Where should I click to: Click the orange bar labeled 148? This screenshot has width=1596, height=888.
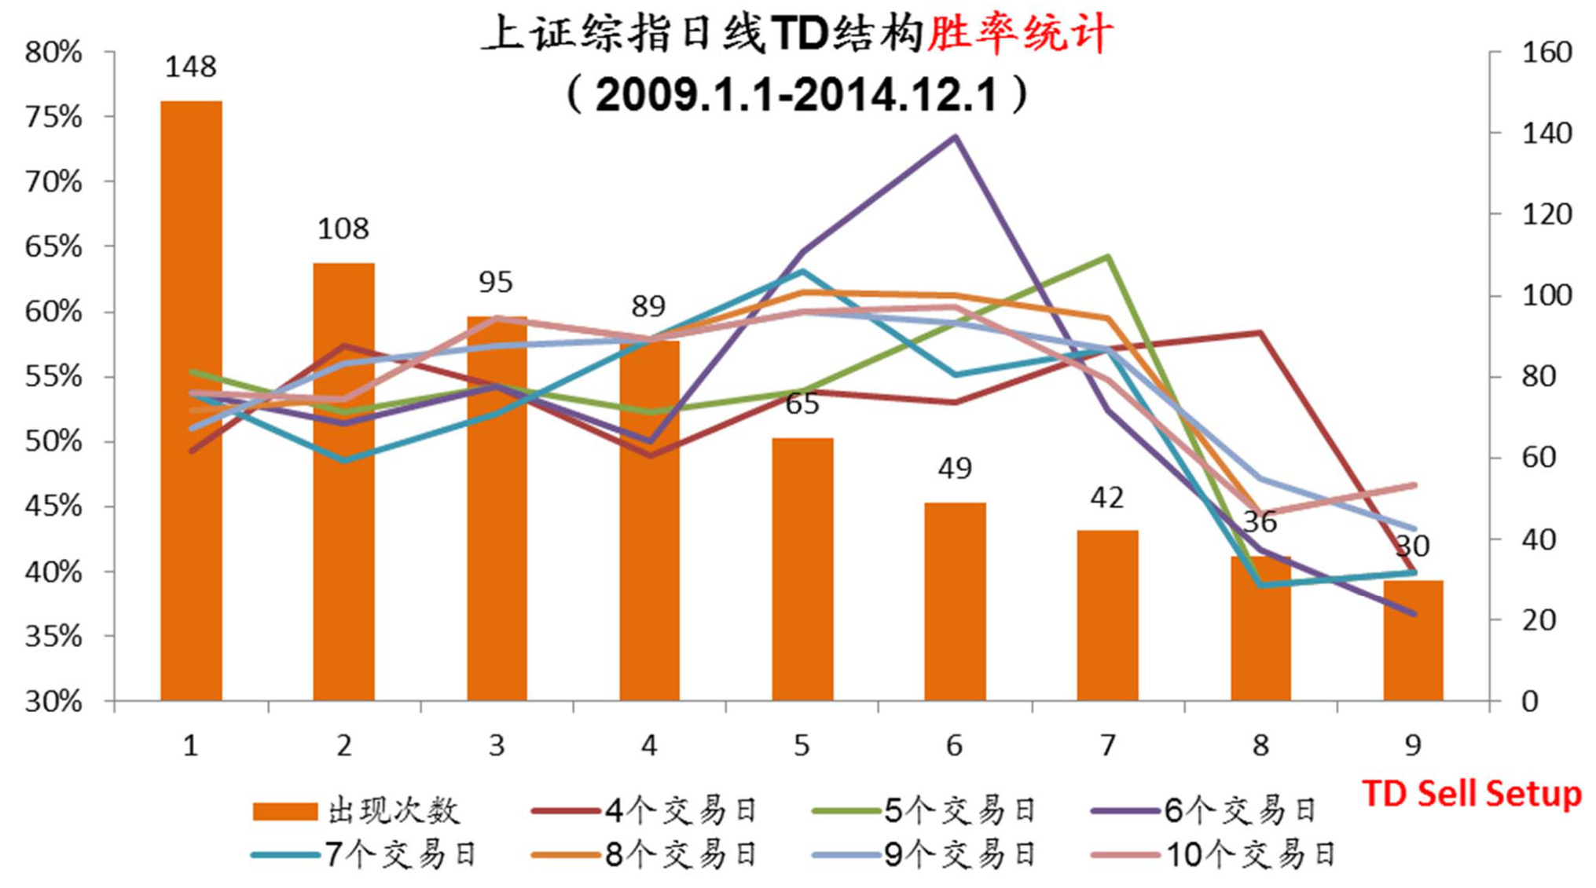coord(191,400)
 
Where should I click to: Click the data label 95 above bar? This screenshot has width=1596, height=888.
coord(496,282)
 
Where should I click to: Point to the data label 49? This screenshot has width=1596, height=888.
coord(955,469)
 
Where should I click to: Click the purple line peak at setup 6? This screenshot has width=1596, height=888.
coord(955,137)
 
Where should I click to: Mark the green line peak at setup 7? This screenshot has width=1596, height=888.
coord(1107,257)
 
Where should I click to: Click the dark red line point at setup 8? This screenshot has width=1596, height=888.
coord(1260,333)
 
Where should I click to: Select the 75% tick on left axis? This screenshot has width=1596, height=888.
coord(53,118)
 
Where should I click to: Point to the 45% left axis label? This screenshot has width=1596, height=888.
coord(53,506)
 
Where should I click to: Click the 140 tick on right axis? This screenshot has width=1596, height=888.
coord(1546,133)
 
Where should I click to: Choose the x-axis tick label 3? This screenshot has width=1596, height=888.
coord(496,745)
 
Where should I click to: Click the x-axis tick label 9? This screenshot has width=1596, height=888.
coord(1413,745)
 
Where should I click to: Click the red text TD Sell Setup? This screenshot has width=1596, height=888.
coord(1471,794)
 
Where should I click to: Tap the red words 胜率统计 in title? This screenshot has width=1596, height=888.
coord(1019,35)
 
